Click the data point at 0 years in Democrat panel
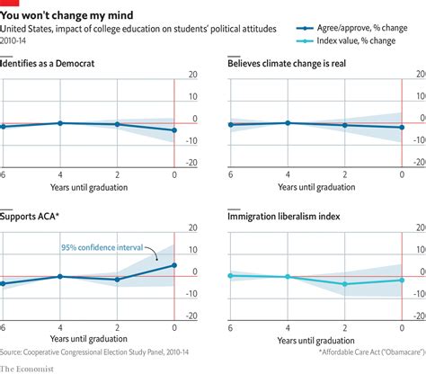click(173, 130)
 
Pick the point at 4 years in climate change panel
click(288, 122)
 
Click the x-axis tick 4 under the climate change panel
click(288, 173)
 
